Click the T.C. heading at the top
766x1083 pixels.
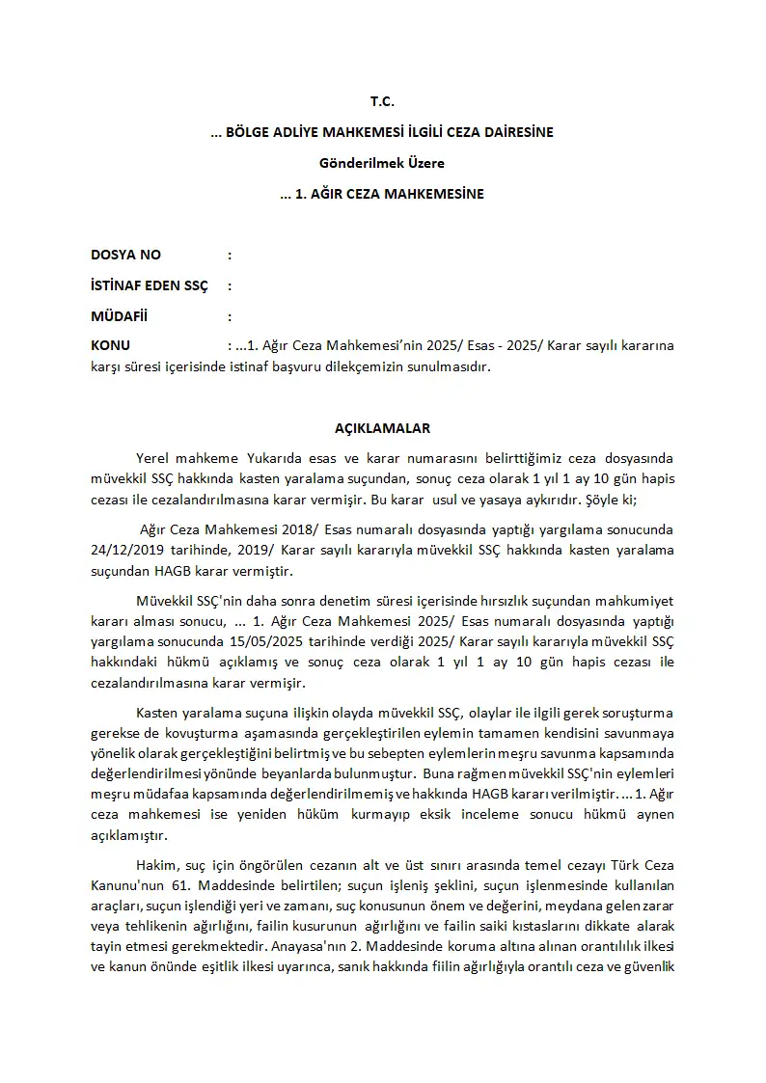tap(382, 101)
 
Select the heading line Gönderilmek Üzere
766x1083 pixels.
tap(382, 163)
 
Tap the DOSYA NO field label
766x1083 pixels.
tap(125, 256)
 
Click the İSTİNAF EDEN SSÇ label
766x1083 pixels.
tap(149, 286)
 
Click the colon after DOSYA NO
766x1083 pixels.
tap(230, 256)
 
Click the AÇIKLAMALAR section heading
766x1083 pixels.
tap(382, 427)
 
